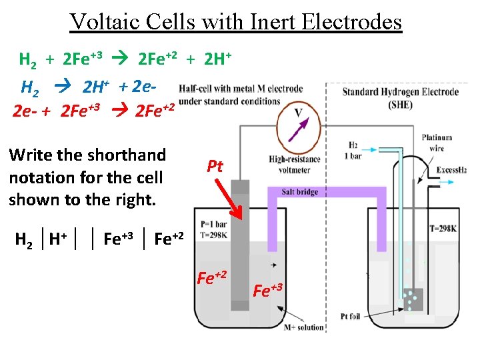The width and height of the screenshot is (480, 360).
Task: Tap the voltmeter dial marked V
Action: [x=299, y=125]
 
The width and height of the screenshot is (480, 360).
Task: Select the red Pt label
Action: [x=215, y=166]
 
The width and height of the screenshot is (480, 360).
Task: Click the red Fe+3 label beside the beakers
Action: [x=269, y=291]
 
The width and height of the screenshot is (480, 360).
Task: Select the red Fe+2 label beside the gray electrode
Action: [x=211, y=275]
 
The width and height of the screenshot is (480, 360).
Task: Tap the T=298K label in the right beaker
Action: [x=445, y=229]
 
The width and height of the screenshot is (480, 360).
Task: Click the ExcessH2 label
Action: [x=453, y=171]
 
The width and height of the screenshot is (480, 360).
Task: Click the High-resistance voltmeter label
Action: [x=291, y=164]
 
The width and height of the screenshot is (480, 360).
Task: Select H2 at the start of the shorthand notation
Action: [x=25, y=239]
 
